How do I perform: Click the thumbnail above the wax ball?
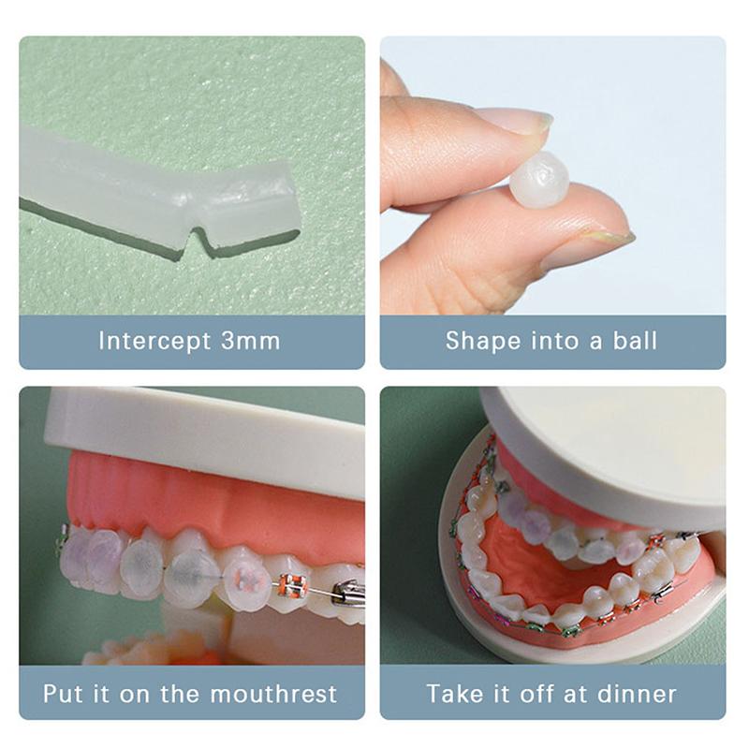[510, 120]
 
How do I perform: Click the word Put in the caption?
[65, 695]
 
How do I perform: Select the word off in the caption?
[545, 695]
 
